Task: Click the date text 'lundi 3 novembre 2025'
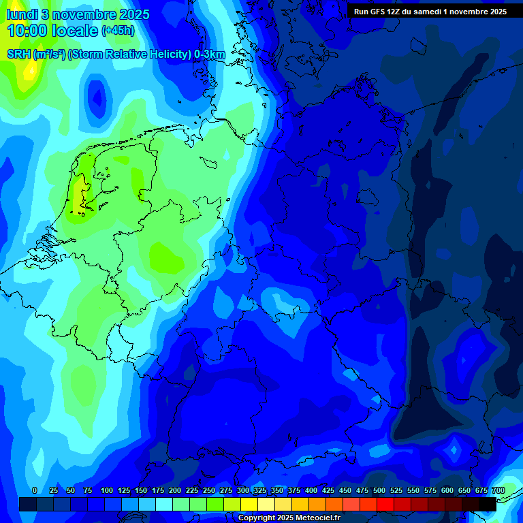[x=78, y=14]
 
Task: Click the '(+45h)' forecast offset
[x=118, y=31]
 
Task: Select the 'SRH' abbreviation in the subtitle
[x=18, y=54]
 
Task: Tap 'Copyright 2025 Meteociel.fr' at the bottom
[x=289, y=518]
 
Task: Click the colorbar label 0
[x=35, y=491]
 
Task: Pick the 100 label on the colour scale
[x=107, y=491]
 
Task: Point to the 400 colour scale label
[x=311, y=491]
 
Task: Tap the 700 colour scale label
[x=498, y=491]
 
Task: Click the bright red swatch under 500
[x=385, y=504]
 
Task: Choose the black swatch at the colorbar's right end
[x=488, y=504]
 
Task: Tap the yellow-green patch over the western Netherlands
[x=80, y=187]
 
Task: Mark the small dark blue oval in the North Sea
[x=97, y=97]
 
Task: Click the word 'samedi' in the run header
[x=428, y=12]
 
